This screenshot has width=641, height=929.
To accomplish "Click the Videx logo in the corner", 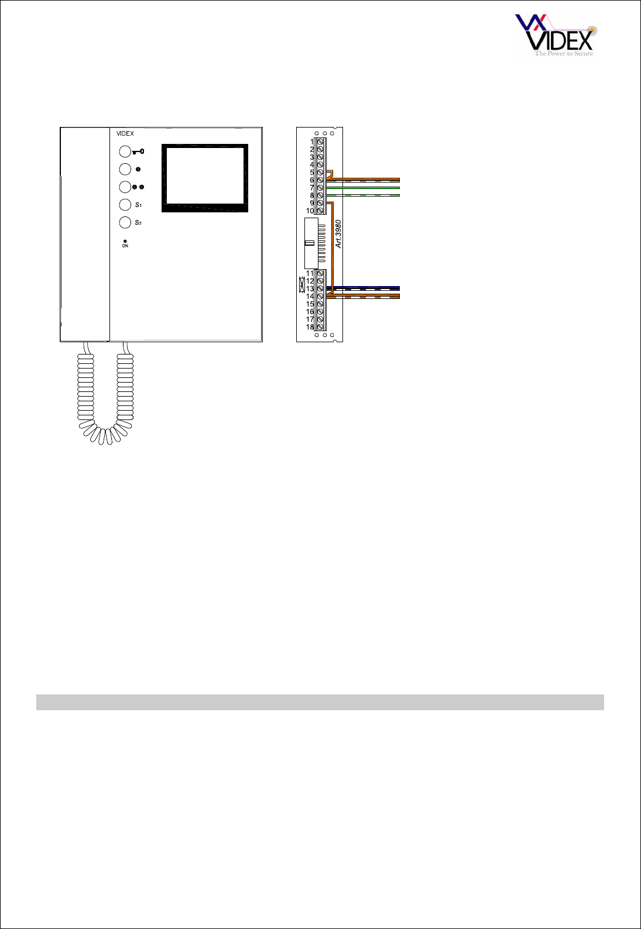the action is [554, 35].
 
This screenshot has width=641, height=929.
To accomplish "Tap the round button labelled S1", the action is [125, 205].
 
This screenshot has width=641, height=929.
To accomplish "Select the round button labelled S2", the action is [125, 222].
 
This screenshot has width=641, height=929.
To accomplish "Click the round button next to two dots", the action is [125, 187].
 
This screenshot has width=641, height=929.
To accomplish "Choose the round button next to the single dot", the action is [125, 169].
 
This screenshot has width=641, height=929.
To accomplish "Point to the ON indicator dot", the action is [125, 241].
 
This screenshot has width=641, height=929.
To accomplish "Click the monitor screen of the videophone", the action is [205, 174].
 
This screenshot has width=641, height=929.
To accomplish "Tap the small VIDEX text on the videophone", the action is [125, 134].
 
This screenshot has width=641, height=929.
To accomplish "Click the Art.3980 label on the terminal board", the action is [338, 234].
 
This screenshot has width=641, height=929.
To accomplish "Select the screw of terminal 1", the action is [320, 142].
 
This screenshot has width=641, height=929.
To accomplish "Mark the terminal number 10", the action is [310, 211].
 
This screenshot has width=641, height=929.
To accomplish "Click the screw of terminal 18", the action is [320, 327].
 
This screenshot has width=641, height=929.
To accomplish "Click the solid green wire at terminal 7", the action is [363, 188].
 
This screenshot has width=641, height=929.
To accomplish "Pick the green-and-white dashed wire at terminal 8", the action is [363, 195].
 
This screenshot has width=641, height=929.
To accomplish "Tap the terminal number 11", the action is [310, 273].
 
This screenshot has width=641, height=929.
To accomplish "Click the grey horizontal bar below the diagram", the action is [320, 702].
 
